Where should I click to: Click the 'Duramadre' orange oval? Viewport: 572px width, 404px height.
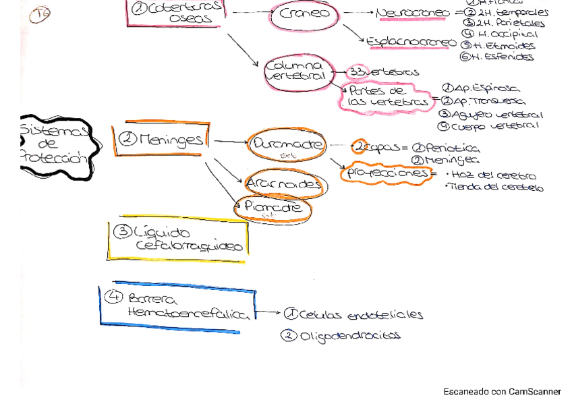[287, 145]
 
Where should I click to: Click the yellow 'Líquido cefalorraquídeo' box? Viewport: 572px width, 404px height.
[178, 239]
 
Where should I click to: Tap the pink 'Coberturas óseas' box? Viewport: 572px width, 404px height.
[176, 13]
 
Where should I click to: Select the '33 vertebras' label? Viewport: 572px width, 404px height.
[384, 72]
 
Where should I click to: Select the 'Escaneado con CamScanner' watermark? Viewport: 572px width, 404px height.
[502, 391]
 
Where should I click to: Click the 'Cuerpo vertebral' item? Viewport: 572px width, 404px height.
[496, 126]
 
